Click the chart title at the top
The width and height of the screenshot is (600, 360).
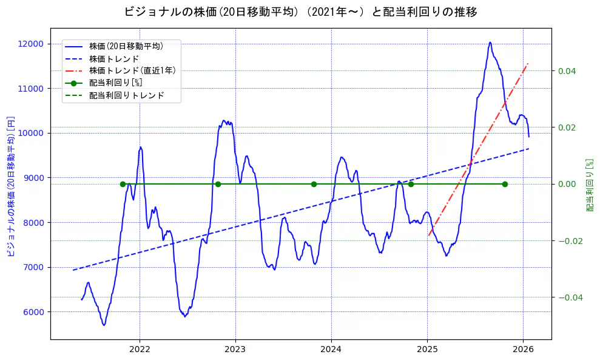tap(300, 12)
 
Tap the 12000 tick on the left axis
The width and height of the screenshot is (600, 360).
tap(31, 44)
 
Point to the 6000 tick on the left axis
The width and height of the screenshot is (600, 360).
tap(33, 312)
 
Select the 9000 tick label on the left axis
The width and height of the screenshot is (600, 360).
tap(33, 178)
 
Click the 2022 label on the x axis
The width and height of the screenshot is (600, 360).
tap(140, 349)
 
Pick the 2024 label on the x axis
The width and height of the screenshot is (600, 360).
tap(331, 349)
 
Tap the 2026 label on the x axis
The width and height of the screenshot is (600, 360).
tap(523, 349)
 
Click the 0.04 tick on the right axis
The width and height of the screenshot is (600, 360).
tap(567, 71)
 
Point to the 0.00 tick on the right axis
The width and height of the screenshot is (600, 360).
tap(567, 184)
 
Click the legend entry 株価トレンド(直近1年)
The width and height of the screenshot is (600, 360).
tap(132, 70)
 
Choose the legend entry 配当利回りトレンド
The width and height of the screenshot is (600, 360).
tap(126, 95)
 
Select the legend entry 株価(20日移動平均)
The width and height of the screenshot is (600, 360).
tap(126, 46)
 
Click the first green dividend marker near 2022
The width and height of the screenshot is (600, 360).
tap(123, 184)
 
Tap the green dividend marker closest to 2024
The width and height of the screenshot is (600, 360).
tap(314, 184)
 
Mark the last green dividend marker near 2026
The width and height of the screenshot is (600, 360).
tap(505, 184)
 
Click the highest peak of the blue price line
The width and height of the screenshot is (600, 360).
tap(490, 42)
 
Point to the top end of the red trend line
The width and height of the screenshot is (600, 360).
tap(528, 63)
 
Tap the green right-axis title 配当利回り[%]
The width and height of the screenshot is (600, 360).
tap(590, 185)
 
